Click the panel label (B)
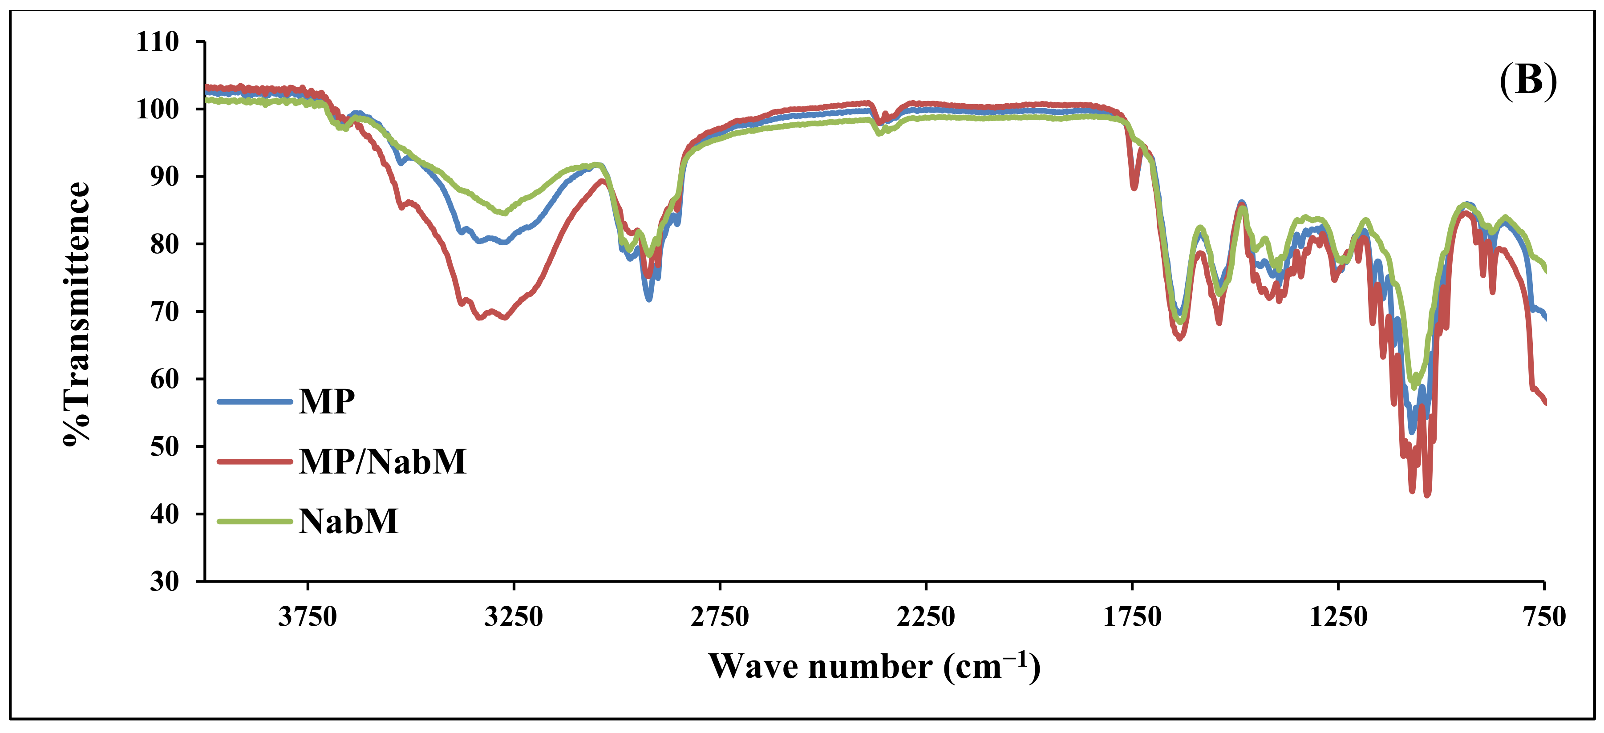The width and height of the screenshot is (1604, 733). [x=1527, y=81]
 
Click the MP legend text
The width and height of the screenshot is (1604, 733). [x=326, y=402]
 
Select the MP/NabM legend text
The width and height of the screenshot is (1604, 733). [x=382, y=462]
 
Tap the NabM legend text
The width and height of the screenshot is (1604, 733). [x=348, y=522]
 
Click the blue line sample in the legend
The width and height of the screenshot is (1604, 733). [x=254, y=402]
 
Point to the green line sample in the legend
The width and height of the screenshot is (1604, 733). [x=254, y=522]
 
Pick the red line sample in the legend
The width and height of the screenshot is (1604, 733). [x=254, y=462]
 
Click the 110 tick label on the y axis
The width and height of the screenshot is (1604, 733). [x=158, y=42]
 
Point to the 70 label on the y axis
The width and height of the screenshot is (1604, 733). [x=164, y=312]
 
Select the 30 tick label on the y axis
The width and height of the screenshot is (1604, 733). [x=164, y=581]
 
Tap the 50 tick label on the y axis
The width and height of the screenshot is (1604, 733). [x=164, y=446]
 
